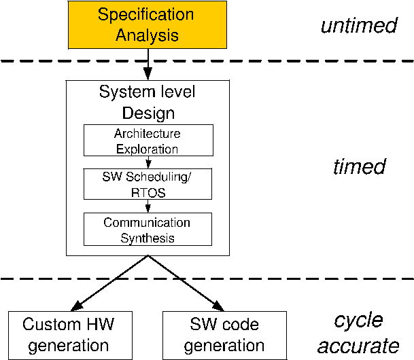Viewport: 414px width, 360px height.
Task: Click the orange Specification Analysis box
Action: pos(147,24)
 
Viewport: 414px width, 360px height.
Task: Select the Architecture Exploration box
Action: pos(147,141)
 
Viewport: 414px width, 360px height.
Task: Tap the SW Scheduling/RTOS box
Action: pos(147,184)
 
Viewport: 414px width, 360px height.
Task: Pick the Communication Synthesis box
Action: pos(147,230)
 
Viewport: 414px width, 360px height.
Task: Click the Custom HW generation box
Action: pos(68,334)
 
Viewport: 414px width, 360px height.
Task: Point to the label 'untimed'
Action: pos(358,26)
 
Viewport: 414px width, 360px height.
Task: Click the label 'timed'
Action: pos(359,167)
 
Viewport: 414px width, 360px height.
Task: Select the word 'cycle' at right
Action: pos(358,321)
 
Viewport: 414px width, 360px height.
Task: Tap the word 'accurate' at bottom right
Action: pos(359,345)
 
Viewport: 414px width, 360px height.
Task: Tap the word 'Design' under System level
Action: pos(148,113)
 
